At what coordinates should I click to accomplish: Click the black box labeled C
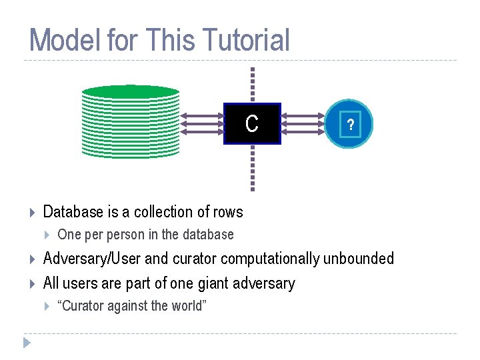coord(252,124)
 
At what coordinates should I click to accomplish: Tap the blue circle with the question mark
coord(350,125)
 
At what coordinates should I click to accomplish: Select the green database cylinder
coord(131,123)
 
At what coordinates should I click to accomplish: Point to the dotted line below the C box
coord(252,167)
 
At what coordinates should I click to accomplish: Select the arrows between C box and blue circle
coord(303,124)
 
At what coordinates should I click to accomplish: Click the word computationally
coord(270,259)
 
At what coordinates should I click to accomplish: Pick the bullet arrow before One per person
coord(47,235)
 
